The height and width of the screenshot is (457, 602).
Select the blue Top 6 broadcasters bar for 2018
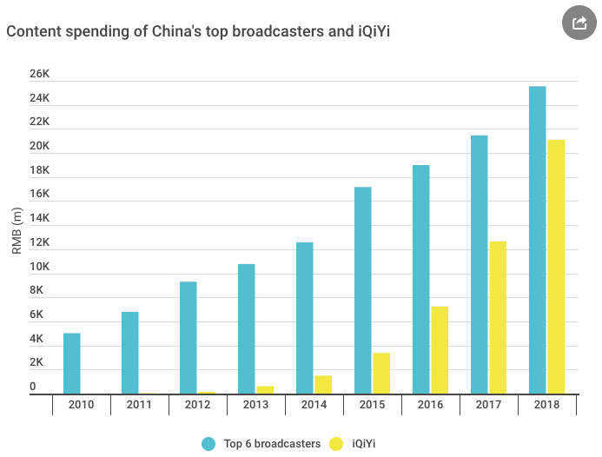coord(538,240)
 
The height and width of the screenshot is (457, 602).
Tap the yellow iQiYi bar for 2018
coord(556,267)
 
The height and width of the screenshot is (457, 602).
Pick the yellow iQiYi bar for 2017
coord(498,317)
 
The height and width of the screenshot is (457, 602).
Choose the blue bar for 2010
coord(72,363)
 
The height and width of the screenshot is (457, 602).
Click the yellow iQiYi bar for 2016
coord(440,350)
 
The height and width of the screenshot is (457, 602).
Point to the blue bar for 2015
coord(363,290)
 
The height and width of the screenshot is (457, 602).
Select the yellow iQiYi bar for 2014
coord(323,384)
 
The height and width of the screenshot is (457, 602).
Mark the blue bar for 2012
coord(189,337)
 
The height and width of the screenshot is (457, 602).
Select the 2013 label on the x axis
coord(256,405)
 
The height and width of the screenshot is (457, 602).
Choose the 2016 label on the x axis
coord(431,405)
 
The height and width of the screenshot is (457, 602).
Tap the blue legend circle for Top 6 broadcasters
coord(208,443)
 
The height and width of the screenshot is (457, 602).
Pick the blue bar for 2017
coord(480,264)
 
